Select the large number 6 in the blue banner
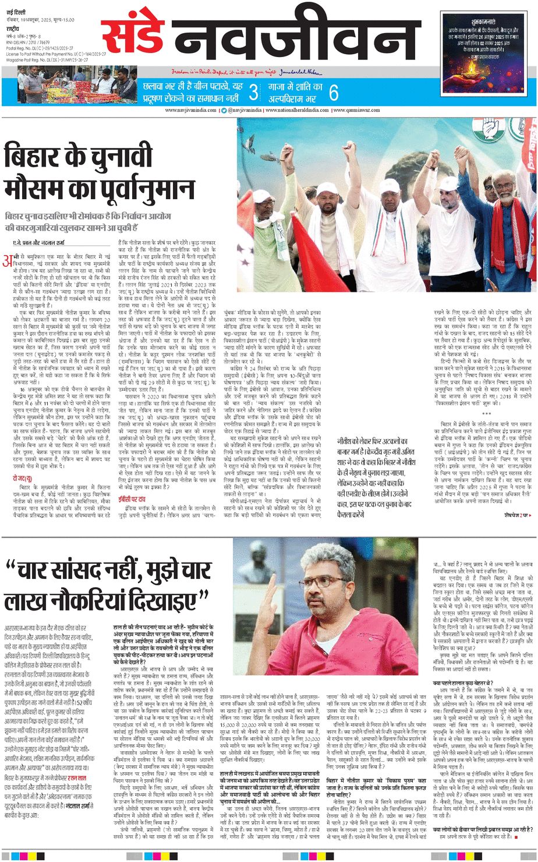333,92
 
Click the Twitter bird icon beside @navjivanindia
224,110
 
